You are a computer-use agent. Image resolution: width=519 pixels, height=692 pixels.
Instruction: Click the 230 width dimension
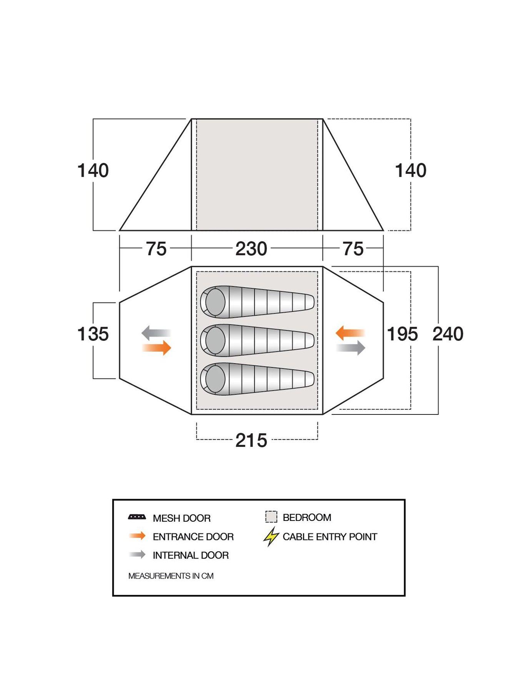tap(251, 249)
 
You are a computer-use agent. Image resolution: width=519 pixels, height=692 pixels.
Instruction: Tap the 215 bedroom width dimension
tap(251, 440)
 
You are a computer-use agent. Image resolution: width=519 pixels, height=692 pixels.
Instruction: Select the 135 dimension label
tap(93, 334)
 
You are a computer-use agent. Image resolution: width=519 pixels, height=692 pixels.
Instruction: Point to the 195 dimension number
tap(402, 334)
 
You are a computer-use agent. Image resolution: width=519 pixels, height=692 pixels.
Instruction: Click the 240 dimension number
tap(448, 334)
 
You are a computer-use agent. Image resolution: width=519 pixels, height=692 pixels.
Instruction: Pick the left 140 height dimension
tap(93, 170)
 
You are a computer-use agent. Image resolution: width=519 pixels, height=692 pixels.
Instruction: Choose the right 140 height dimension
tap(411, 170)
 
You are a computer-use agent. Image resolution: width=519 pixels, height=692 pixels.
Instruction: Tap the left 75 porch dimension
tap(156, 249)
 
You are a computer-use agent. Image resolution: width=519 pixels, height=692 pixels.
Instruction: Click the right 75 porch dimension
tap(353, 249)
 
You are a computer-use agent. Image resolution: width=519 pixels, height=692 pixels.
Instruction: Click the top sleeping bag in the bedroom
tap(257, 302)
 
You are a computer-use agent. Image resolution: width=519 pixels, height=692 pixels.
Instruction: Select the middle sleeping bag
tap(257, 340)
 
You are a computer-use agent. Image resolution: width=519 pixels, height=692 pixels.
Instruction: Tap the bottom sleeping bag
tap(257, 379)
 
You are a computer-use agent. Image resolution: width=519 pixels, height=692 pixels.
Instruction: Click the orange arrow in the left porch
tap(156, 348)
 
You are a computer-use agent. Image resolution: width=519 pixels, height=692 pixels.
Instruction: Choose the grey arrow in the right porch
tap(351, 348)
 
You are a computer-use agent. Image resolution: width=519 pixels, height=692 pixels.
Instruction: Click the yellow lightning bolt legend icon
tap(271, 537)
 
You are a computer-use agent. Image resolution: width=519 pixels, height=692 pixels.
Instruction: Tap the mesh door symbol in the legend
tap(137, 517)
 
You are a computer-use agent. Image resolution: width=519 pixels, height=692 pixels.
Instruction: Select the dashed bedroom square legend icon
tap(271, 517)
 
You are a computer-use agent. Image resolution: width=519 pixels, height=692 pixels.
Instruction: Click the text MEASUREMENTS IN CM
tap(171, 576)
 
